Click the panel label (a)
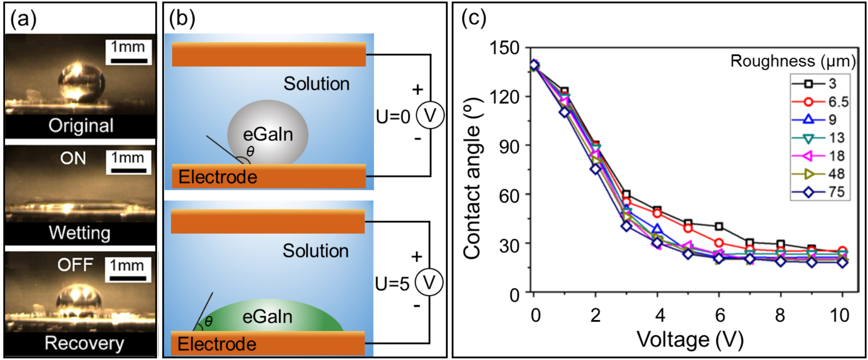(x=23, y=20)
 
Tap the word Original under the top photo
(x=81, y=125)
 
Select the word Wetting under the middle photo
(x=80, y=233)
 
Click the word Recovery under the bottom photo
(x=84, y=343)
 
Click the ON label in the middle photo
(x=73, y=158)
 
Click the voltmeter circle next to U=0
(x=430, y=116)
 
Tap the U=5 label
(x=392, y=284)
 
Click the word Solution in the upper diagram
(x=316, y=84)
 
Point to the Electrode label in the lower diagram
(x=217, y=344)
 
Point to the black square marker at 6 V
(x=719, y=227)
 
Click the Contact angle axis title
(x=472, y=178)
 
